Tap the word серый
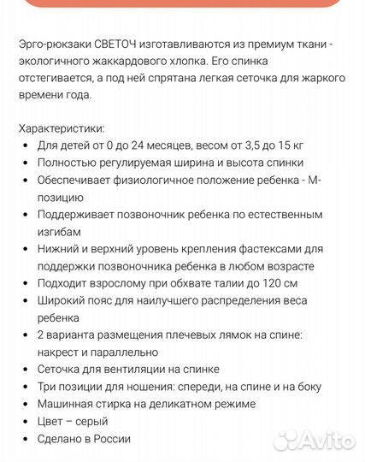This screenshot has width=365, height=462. (90, 421)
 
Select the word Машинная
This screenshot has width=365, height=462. (66, 404)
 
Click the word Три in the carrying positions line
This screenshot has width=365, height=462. (48, 387)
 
